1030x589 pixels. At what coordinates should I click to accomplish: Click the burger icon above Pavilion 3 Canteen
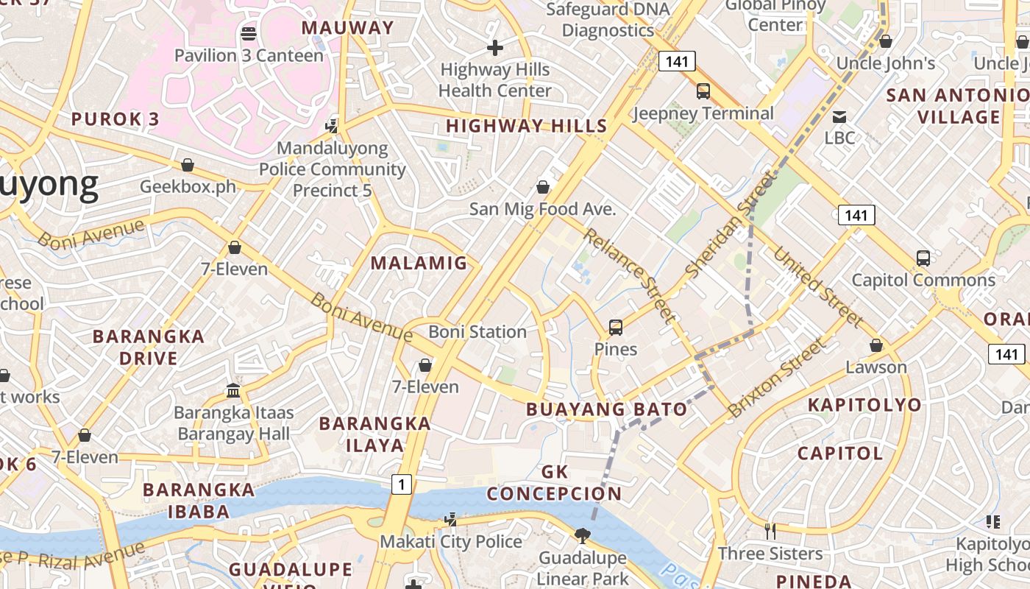pyautogui.click(x=249, y=33)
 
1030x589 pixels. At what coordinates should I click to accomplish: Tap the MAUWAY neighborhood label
pyautogui.click(x=348, y=28)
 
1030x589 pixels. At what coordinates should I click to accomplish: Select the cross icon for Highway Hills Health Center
pyautogui.click(x=495, y=48)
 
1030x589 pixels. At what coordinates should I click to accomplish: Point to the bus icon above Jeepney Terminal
pyautogui.click(x=703, y=91)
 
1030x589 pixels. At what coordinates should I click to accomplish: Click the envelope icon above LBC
pyautogui.click(x=839, y=116)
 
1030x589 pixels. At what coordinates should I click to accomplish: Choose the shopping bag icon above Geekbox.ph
pyautogui.click(x=188, y=164)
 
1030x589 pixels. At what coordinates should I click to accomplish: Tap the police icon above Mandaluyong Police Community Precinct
pyautogui.click(x=333, y=126)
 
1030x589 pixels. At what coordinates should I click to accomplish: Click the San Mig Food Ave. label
pyautogui.click(x=542, y=209)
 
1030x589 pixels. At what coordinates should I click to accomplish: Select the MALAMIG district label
pyautogui.click(x=419, y=263)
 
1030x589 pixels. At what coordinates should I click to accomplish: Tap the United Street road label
pyautogui.click(x=817, y=286)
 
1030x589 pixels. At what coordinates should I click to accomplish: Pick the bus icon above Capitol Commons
pyautogui.click(x=923, y=258)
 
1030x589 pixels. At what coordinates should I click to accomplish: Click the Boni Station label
pyautogui.click(x=477, y=332)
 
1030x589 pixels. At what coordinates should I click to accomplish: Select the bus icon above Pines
pyautogui.click(x=616, y=327)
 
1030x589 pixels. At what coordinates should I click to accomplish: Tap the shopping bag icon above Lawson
pyautogui.click(x=876, y=345)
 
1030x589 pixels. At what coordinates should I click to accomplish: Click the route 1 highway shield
pyautogui.click(x=401, y=484)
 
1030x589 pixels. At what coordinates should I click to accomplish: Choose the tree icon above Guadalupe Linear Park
pyautogui.click(x=582, y=535)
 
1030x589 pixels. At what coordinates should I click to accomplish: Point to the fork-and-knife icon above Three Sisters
pyautogui.click(x=770, y=531)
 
